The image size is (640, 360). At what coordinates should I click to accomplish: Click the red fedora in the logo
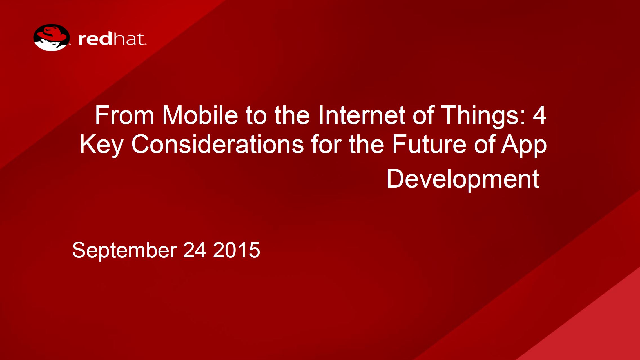[52, 34]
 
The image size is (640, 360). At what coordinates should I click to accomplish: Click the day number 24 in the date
[195, 250]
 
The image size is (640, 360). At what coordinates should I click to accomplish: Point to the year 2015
[237, 250]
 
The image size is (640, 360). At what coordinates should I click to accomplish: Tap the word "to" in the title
[256, 115]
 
